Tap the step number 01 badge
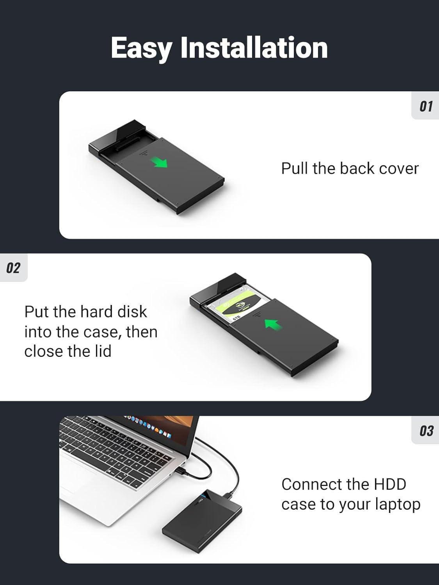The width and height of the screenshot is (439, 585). (x=426, y=106)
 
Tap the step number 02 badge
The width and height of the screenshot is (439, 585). (x=13, y=268)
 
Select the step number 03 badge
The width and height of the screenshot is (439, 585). (x=426, y=431)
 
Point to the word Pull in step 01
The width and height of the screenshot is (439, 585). (x=295, y=168)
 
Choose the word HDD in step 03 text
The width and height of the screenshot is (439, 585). (x=390, y=484)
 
